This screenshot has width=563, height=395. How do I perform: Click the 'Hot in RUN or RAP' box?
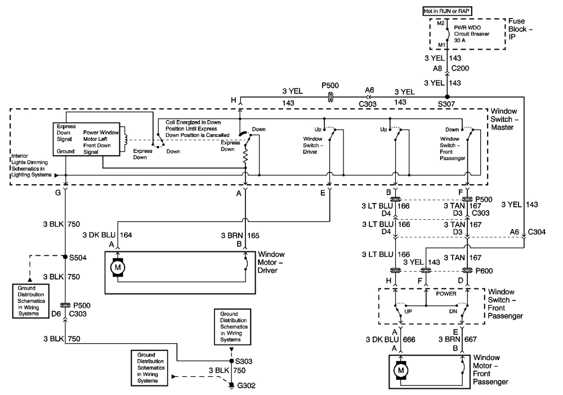coord(446,11)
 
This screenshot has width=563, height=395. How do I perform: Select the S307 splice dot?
coord(446,96)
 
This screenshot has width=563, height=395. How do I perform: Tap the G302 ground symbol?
coord(231,385)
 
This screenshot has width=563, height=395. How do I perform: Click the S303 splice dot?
coord(231,361)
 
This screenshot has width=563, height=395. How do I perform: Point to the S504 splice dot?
coord(66,256)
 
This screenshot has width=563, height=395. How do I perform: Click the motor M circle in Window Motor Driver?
coord(118,268)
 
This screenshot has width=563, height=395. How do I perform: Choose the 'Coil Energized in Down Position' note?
coord(193,128)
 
